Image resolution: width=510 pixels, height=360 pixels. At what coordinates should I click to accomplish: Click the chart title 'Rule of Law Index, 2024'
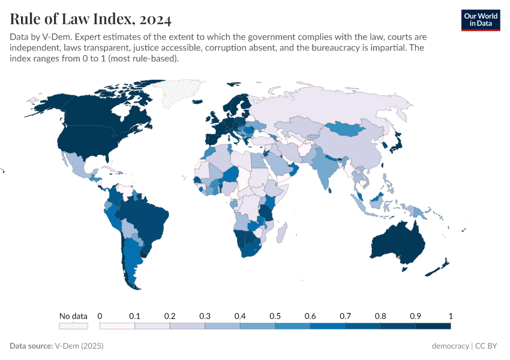click(x=91, y=19)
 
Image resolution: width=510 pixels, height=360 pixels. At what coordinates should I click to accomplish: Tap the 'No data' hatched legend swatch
click(x=73, y=326)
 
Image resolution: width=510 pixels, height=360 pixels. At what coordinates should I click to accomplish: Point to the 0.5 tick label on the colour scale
click(x=275, y=316)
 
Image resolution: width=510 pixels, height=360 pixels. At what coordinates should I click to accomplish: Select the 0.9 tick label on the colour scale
click(x=415, y=316)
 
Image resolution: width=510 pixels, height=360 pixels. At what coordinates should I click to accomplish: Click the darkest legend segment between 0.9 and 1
click(x=433, y=326)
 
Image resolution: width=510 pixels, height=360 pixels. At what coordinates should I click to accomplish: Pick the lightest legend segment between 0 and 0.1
click(x=117, y=326)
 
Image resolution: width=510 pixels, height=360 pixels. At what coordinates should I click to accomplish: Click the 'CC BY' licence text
click(x=487, y=346)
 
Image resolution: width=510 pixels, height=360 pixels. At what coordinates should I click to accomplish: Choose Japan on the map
click(x=397, y=142)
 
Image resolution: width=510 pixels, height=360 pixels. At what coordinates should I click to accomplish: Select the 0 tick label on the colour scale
click(x=100, y=316)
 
